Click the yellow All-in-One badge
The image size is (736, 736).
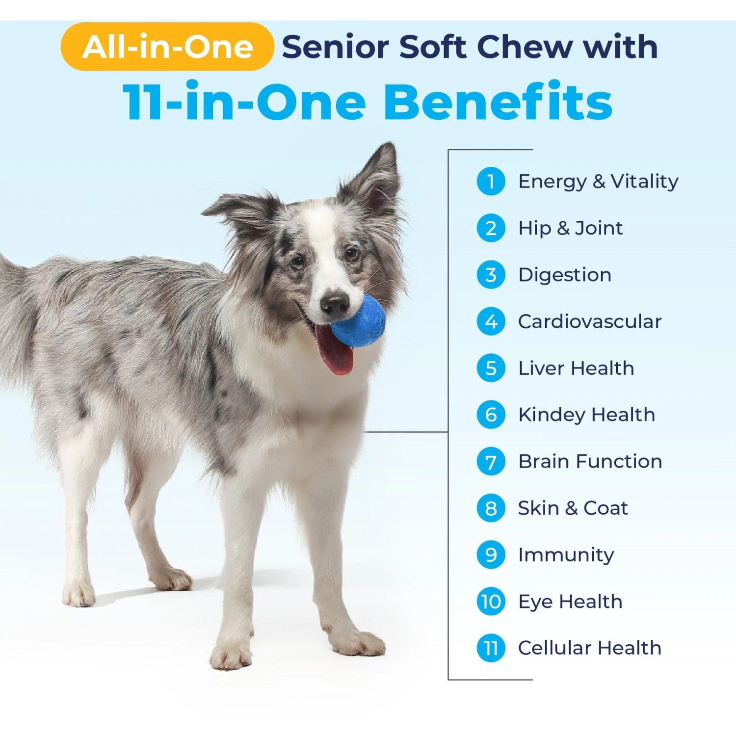[x=167, y=47]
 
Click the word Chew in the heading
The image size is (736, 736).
[x=524, y=47]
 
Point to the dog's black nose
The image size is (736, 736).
[x=335, y=303]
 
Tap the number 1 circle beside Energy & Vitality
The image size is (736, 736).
[x=491, y=182]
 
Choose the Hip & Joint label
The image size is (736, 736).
[x=570, y=228]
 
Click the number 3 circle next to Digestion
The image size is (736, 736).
[x=491, y=275]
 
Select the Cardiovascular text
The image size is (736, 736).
[x=589, y=322]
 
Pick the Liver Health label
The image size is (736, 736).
[x=576, y=368]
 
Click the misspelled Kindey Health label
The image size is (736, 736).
[x=586, y=415]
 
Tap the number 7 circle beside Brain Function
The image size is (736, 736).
[x=491, y=462]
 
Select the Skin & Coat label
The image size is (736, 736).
[x=573, y=508]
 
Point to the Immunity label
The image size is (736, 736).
[x=566, y=555]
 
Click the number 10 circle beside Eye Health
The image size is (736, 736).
[x=491, y=602]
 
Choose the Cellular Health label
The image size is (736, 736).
[x=589, y=648]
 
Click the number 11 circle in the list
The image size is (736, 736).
[x=491, y=648]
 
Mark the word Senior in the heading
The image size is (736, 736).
[x=335, y=47]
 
